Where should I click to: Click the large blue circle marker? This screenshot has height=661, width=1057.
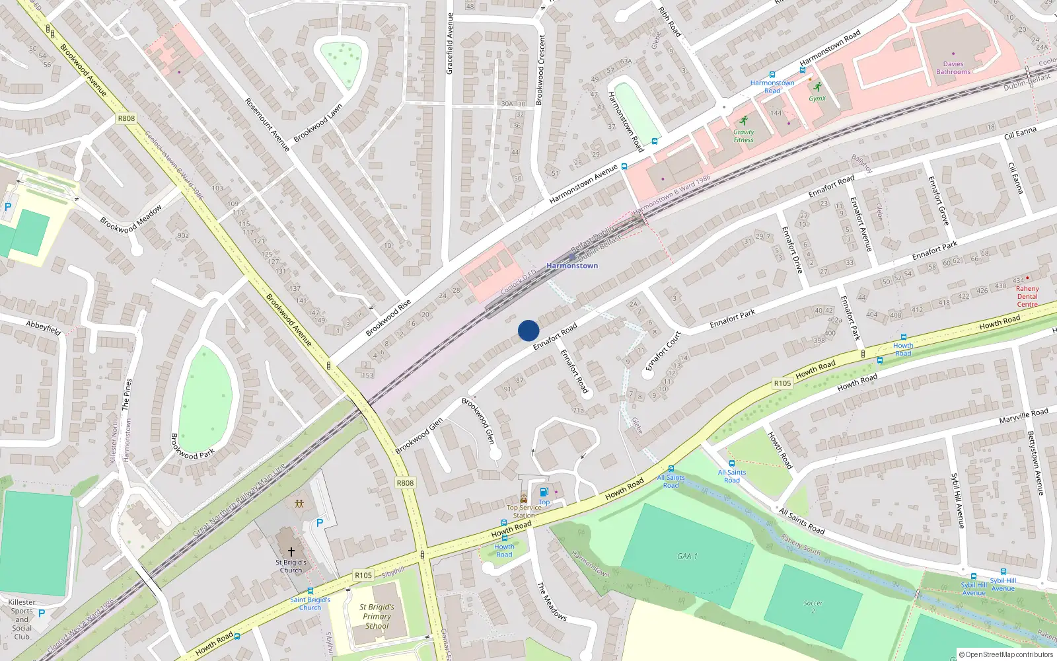(x=528, y=330)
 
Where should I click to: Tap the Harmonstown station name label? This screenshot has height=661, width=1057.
(x=572, y=266)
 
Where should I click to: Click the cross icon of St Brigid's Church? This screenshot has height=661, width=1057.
(x=291, y=551)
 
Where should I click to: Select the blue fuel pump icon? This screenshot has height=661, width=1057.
(x=544, y=492)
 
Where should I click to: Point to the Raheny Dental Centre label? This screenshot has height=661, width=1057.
(x=1027, y=296)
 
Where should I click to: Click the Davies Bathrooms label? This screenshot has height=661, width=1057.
(x=953, y=68)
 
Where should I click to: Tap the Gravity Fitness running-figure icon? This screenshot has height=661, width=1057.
(x=744, y=121)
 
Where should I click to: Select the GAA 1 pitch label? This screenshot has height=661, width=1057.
(x=687, y=556)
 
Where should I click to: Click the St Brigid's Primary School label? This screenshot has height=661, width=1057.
(x=377, y=616)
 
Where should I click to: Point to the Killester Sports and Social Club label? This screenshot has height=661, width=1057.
(x=22, y=619)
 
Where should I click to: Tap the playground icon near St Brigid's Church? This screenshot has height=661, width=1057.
(x=299, y=504)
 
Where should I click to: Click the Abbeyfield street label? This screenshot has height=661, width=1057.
(x=44, y=327)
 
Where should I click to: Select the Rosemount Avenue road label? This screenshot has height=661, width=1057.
(x=267, y=124)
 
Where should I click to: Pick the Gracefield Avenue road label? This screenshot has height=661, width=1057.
(x=450, y=44)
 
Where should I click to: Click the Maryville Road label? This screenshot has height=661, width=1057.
(x=1023, y=416)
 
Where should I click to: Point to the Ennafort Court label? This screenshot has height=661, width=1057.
(x=663, y=352)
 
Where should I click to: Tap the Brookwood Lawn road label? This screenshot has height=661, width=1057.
(x=318, y=122)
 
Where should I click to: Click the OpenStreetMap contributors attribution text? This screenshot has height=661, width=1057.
(x=1006, y=654)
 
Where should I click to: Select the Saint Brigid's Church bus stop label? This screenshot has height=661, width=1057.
(x=310, y=603)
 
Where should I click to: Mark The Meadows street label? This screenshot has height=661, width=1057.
(x=552, y=601)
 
